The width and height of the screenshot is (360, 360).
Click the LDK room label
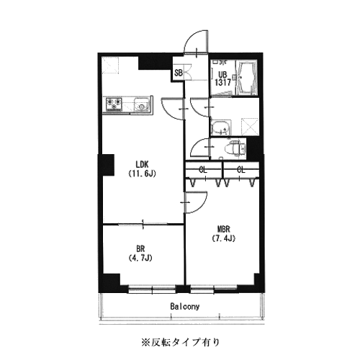coord(142,165)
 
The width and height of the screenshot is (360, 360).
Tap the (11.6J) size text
coord(142,174)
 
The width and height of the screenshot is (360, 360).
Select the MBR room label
coord(223,229)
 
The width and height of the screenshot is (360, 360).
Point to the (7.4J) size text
coord(223,238)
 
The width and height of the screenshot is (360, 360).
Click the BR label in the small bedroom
coord(140,249)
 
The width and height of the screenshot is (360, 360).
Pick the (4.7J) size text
coord(140,258)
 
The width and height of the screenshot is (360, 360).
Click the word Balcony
coord(185,307)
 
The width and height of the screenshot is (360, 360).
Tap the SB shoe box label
coord(179,73)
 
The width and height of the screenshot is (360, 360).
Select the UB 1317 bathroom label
coord(222,78)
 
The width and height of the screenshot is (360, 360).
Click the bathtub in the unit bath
coord(246,77)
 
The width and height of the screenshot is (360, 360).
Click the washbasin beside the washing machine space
coord(221,127)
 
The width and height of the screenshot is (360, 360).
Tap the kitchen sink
coord(142,104)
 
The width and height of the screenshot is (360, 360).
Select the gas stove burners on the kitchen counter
coord(113,104)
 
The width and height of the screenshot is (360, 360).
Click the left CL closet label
coord(203,170)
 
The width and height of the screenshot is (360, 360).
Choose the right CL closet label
coord(241,170)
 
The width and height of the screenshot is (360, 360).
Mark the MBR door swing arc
coord(202,207)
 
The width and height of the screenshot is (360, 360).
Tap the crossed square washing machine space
coord(250,127)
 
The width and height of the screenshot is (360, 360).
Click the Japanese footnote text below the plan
coord(180,342)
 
